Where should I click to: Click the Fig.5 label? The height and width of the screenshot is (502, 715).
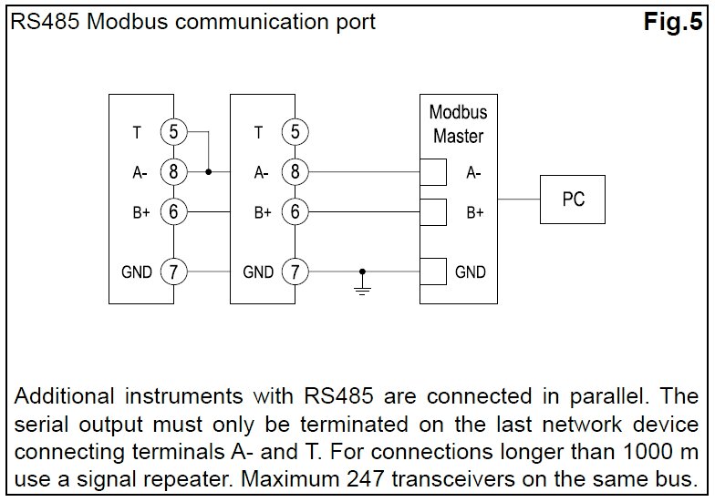coord(674,22)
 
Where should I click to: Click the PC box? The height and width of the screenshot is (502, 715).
coord(573,199)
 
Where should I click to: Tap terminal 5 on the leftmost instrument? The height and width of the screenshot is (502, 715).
coord(173,132)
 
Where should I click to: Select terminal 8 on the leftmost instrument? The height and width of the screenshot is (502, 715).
coord(173,171)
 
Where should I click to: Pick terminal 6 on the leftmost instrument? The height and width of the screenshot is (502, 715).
coord(173,211)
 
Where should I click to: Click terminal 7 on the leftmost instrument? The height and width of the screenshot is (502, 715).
coord(173,271)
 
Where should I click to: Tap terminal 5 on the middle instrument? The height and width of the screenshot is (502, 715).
coord(295,132)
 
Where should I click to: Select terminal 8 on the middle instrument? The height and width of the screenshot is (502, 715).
coord(295,171)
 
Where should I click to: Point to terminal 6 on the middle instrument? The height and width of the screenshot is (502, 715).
coord(295,211)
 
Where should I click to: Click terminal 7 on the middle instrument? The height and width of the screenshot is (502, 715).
coord(295,271)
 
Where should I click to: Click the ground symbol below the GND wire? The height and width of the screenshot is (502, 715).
coord(363,290)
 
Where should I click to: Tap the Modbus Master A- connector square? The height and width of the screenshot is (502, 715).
coord(432,171)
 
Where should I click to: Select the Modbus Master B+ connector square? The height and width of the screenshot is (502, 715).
coord(432,211)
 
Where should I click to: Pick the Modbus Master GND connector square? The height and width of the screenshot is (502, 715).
coord(432,271)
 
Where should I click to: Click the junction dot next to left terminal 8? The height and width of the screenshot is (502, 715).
coord(209,171)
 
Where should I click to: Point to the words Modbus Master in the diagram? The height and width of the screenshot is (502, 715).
coord(458,125)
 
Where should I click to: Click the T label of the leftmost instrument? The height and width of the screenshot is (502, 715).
coord(137,133)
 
